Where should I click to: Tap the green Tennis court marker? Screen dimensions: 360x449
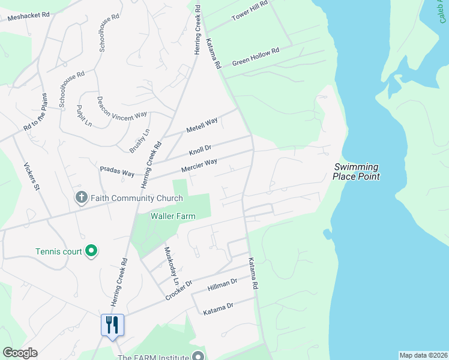click(91, 250)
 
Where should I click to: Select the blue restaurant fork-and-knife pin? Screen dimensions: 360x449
click(112, 325)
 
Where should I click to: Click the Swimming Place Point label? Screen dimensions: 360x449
click(357, 172)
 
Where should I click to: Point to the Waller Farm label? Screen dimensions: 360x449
click(173, 216)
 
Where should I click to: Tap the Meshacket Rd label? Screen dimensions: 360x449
click(28, 17)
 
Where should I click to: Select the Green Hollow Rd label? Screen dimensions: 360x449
click(256, 56)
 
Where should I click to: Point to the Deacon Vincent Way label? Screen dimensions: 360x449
click(122, 107)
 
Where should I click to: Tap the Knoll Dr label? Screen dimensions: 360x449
click(200, 148)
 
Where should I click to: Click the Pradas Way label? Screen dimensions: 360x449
click(117, 172)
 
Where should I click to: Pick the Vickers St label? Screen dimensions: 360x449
click(31, 177)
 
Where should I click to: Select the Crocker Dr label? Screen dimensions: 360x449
click(179, 290)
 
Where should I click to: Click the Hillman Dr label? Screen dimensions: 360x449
click(223, 284)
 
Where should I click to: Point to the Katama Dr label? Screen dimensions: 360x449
click(218, 309)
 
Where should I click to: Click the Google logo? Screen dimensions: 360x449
click(20, 353)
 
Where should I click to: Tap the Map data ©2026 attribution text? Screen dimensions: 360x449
click(423, 355)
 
